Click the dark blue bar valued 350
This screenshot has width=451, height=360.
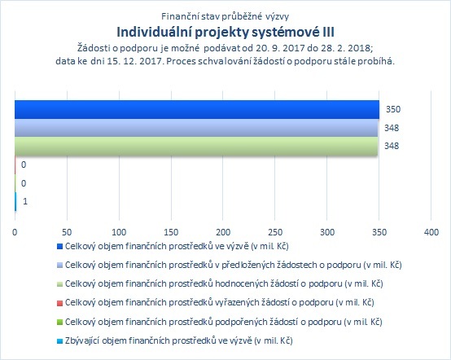197,110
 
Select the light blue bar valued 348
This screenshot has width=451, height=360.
196,128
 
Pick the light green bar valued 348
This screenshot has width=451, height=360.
196,146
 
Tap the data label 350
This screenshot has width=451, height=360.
393,109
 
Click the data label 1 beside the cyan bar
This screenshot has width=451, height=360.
25,201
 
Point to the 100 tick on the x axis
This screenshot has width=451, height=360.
119,232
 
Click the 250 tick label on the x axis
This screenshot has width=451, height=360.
275,232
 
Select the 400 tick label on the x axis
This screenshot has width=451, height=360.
431,232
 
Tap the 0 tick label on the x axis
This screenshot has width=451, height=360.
15,232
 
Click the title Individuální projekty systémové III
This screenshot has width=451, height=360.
225,32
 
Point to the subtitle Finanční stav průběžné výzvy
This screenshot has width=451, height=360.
225,16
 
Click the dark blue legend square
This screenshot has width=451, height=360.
59,246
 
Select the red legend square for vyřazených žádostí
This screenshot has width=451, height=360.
59,303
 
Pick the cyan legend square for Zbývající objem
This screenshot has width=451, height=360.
59,341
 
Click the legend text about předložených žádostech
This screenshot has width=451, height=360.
234,265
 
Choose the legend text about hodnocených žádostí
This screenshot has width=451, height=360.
224,283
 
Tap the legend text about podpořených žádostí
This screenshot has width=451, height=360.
224,322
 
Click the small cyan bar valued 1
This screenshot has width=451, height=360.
15,201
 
